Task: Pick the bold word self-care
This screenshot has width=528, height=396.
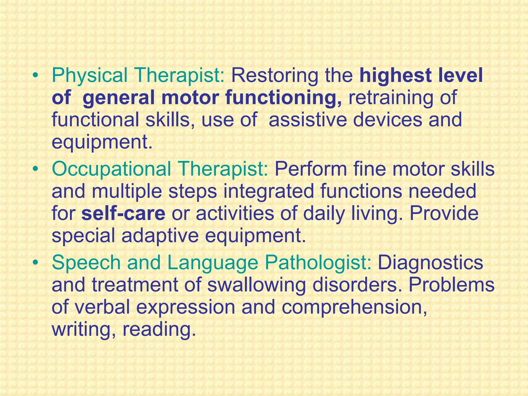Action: (123, 214)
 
